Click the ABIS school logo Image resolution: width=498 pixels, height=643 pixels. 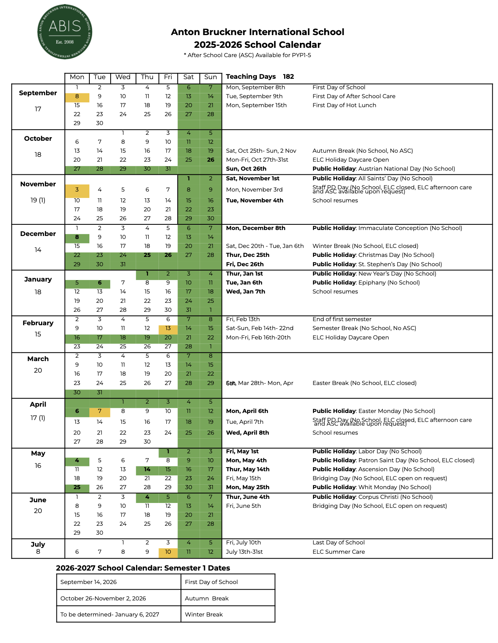65,32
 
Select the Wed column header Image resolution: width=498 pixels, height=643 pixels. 123,77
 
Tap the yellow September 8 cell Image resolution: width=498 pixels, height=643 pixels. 77,96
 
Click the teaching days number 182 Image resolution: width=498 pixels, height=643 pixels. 288,77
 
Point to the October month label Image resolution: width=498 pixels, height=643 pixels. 38,139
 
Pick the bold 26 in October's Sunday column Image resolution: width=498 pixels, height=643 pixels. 211,160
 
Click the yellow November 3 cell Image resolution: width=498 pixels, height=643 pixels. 77,190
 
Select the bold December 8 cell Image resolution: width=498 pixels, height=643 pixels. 77,237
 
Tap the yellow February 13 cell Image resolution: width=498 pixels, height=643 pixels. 168,328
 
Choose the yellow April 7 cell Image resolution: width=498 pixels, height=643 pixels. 99,411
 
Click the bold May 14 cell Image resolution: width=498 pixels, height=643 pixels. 147,469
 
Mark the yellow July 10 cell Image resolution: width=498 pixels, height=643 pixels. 168,552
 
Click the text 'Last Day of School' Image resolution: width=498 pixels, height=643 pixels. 338,543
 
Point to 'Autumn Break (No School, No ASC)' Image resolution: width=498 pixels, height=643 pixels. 363,151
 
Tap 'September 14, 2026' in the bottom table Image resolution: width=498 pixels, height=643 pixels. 89,582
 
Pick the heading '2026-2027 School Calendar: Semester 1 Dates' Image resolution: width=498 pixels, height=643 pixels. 143,568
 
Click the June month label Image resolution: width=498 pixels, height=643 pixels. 38,500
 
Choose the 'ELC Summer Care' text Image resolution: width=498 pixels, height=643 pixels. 338,552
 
